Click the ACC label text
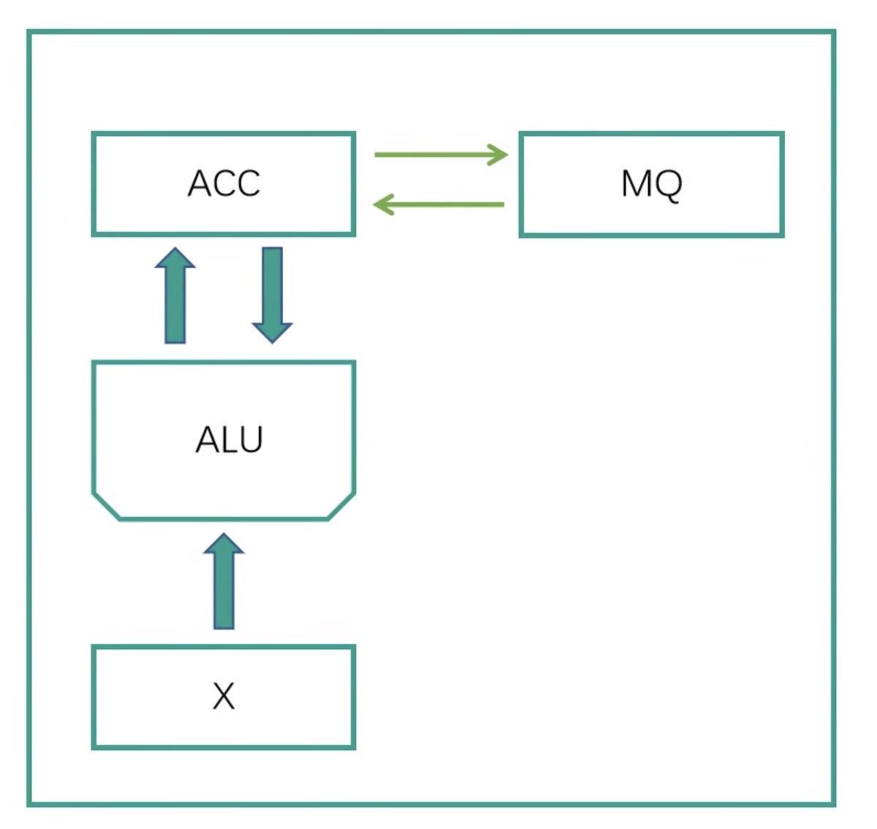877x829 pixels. coord(224,183)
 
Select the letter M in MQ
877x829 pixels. coord(636,183)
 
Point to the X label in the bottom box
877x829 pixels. coord(224,696)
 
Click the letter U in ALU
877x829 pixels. coord(249,440)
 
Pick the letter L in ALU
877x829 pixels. coord(228,440)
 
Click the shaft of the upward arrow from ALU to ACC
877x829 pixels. coord(175,307)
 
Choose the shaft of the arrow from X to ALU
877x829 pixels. coord(224,592)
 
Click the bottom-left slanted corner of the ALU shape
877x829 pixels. coord(106,506)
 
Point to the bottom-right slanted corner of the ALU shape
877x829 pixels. coord(341,506)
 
